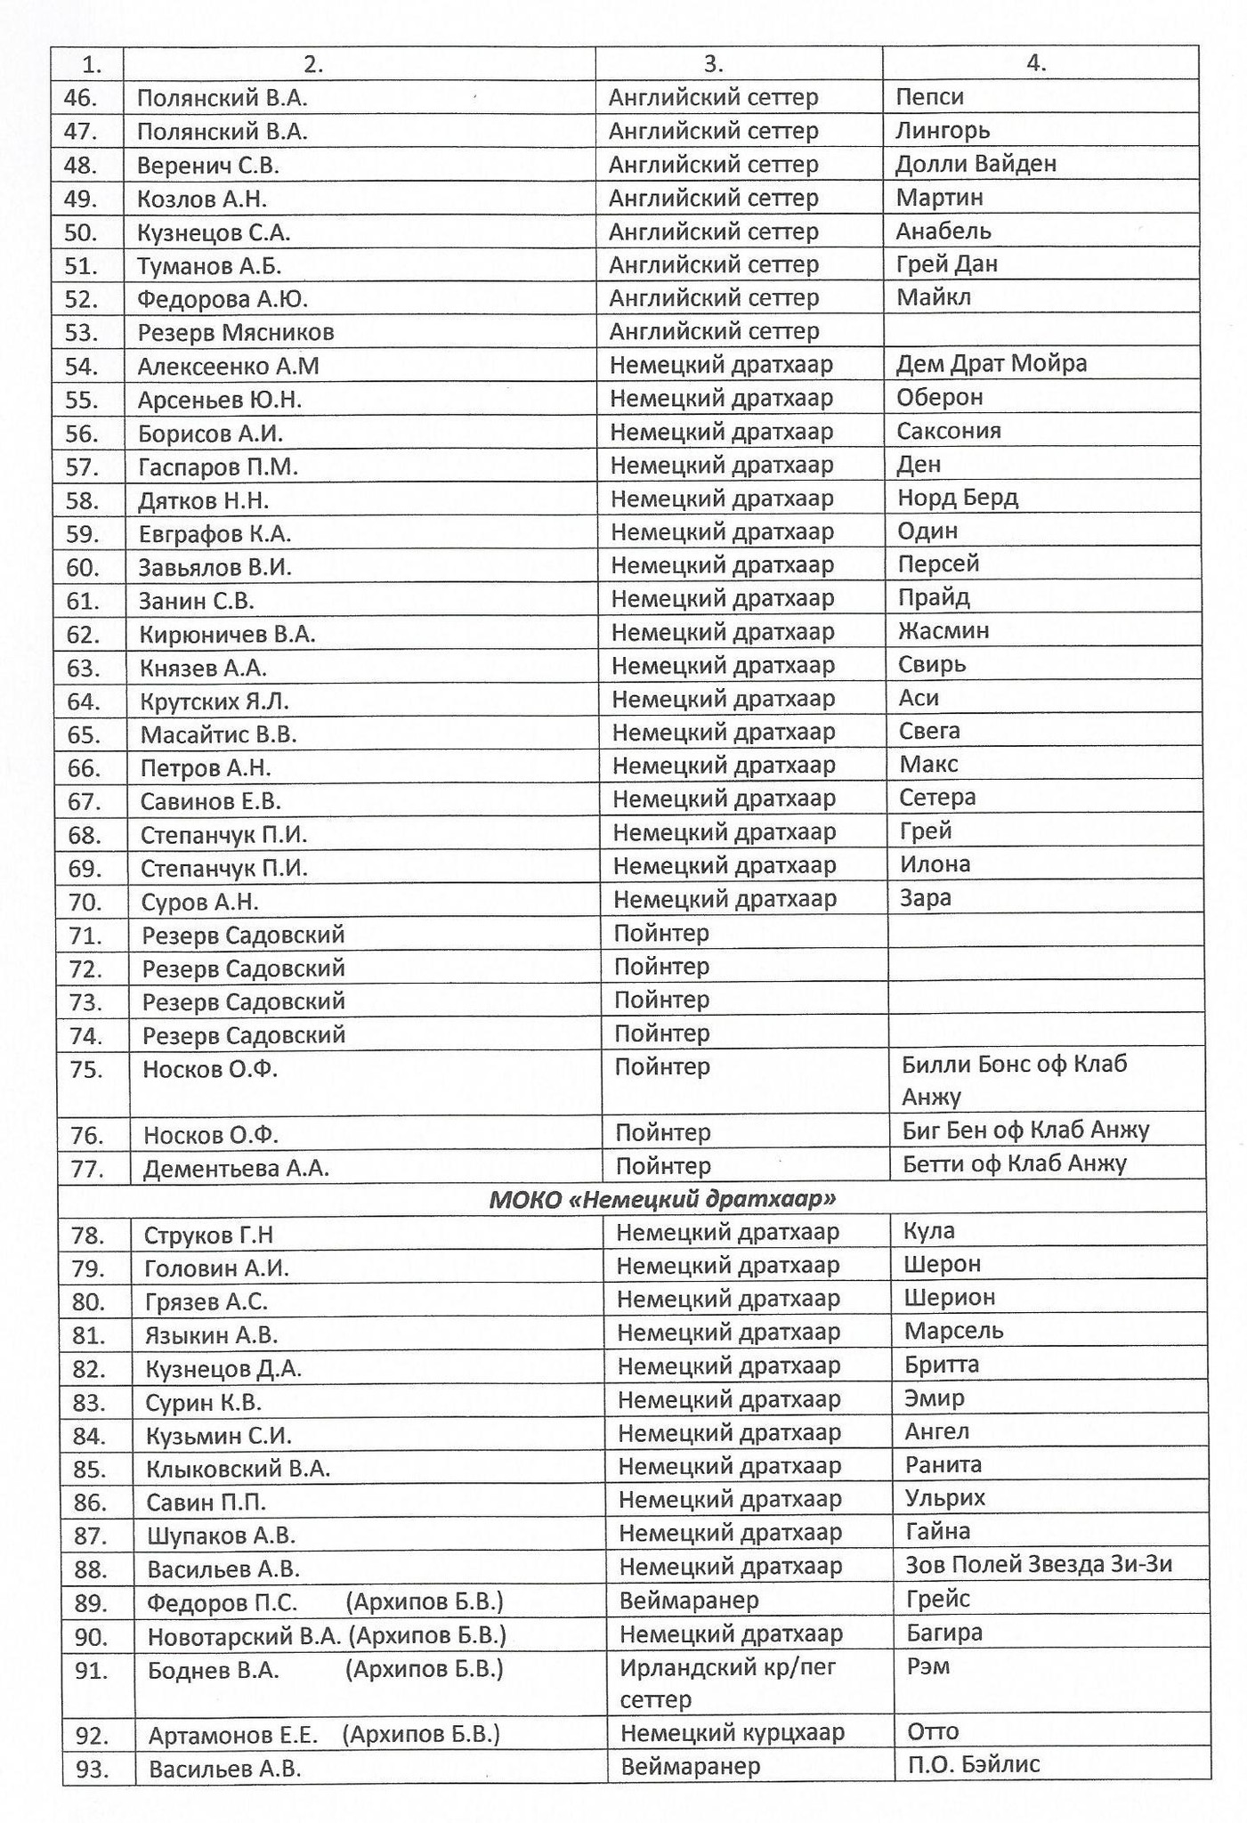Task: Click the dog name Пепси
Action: [x=929, y=97]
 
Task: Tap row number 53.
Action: [x=82, y=333]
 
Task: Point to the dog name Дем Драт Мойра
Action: [x=992, y=364]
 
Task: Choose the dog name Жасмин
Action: [x=943, y=631]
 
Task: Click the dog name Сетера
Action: [x=937, y=798]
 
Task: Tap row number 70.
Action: [x=85, y=903]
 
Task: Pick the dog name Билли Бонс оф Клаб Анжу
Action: [x=1014, y=1080]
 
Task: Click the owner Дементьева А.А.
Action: [x=236, y=1169]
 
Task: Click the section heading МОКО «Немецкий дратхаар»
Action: [x=662, y=1200]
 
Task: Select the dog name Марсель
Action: [x=953, y=1332]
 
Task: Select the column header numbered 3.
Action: [x=714, y=63]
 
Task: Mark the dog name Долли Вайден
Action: [x=976, y=164]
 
